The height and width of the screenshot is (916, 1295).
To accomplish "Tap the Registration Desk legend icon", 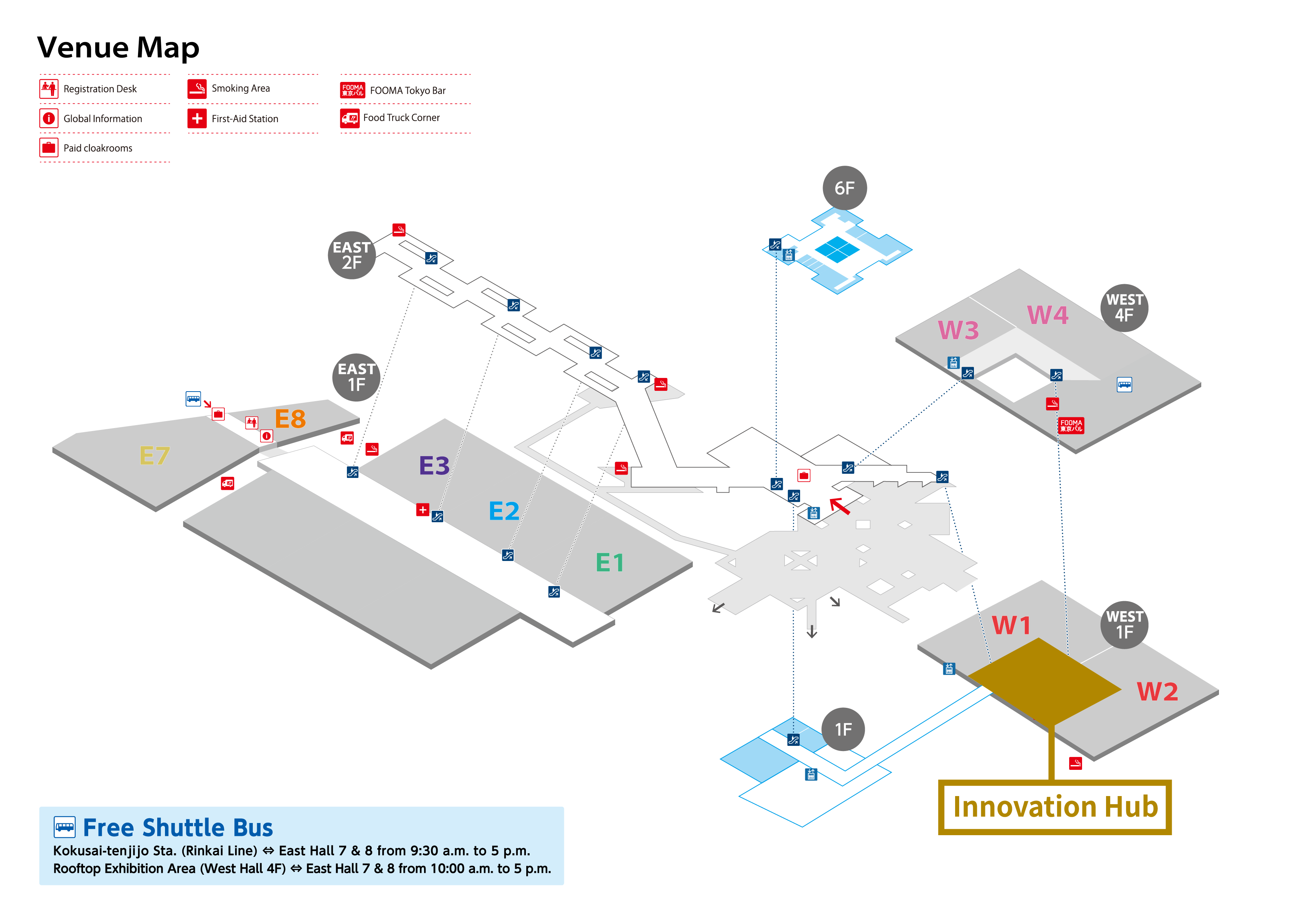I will click(x=49, y=89).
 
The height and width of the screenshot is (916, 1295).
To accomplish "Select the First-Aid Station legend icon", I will click(x=197, y=118).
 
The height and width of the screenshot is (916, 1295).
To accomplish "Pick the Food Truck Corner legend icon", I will click(x=350, y=118).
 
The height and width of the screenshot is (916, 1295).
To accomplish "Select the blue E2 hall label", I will click(x=504, y=511).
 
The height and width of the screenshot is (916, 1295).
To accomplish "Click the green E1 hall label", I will click(x=610, y=562).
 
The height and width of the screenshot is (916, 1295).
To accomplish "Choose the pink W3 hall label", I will click(x=958, y=330).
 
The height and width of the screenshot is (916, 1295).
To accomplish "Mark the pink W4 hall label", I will click(x=1047, y=315).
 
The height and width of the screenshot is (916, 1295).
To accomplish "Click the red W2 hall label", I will click(x=1157, y=692).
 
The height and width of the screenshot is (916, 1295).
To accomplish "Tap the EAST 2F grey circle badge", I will click(x=352, y=255).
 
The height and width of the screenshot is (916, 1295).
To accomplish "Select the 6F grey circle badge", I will click(x=844, y=188).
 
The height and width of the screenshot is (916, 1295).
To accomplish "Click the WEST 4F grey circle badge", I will click(x=1124, y=308).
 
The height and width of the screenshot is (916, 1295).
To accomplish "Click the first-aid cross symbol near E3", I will click(x=423, y=510).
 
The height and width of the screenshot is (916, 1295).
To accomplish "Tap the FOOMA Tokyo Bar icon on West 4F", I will click(x=1071, y=425).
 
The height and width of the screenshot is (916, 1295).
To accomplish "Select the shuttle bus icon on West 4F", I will click(x=1124, y=385).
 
